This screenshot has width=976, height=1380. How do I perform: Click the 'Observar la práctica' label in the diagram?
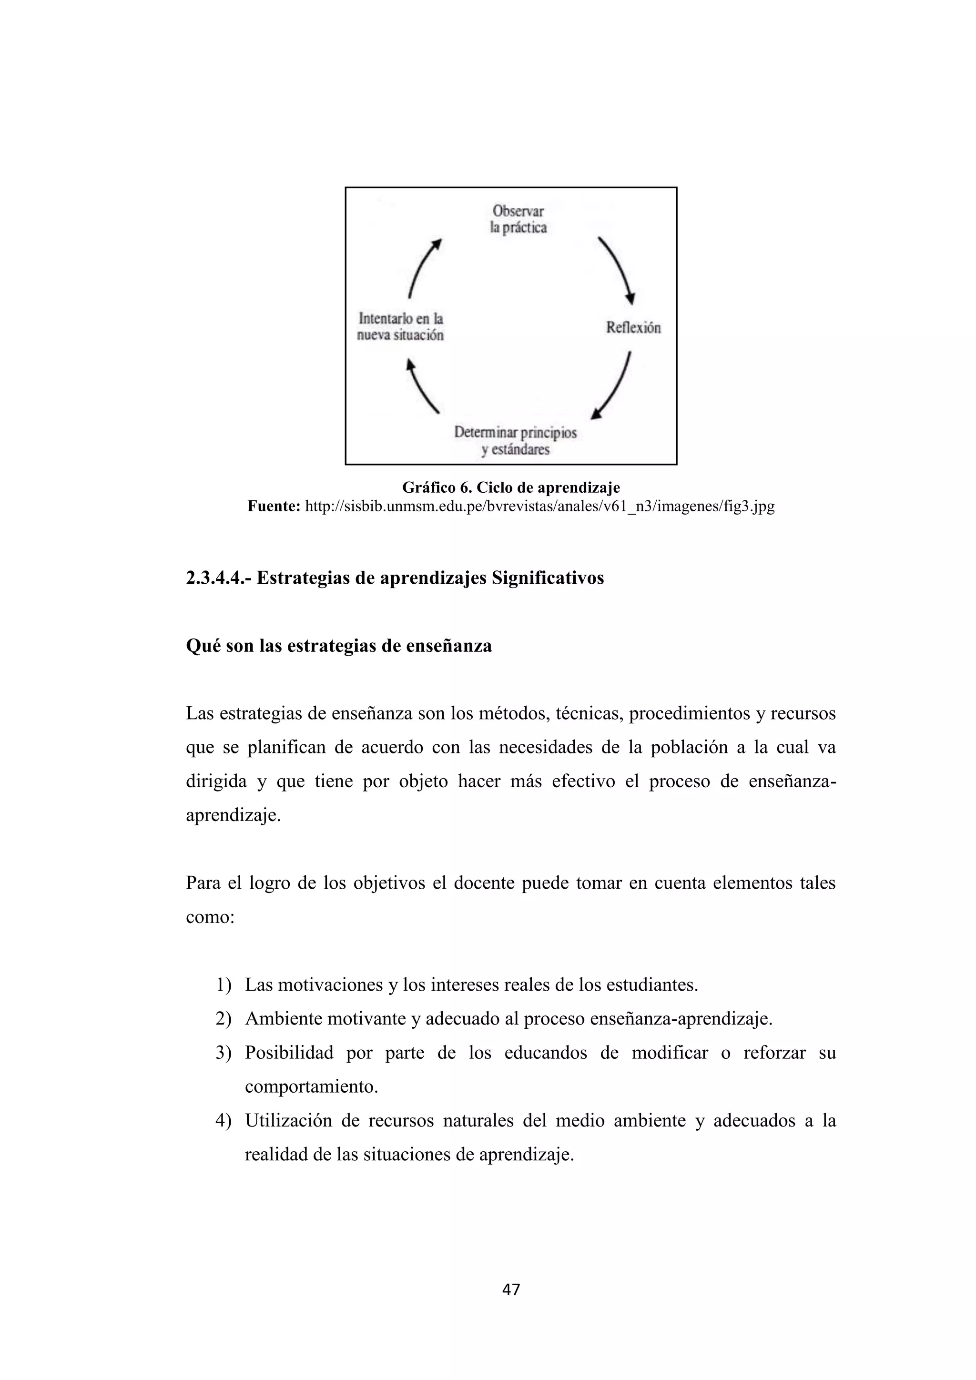pyautogui.click(x=518, y=219)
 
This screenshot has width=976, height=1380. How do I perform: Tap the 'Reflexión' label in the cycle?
pyautogui.click(x=633, y=327)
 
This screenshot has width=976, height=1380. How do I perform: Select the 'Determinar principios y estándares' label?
pyautogui.click(x=516, y=441)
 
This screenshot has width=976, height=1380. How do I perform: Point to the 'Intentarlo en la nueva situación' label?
pyautogui.click(x=400, y=326)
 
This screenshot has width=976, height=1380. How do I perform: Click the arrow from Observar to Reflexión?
pyautogui.click(x=618, y=270)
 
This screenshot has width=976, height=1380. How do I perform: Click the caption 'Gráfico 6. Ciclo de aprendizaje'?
pyautogui.click(x=511, y=487)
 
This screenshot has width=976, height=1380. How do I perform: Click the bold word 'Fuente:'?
pyautogui.click(x=274, y=506)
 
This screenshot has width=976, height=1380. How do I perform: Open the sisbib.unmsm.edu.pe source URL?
pyautogui.click(x=539, y=506)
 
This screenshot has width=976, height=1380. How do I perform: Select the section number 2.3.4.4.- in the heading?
pyautogui.click(x=219, y=578)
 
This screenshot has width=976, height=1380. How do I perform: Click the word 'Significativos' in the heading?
pyautogui.click(x=548, y=578)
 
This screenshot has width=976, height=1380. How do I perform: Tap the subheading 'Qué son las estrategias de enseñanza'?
pyautogui.click(x=339, y=646)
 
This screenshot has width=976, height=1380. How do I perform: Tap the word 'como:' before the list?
pyautogui.click(x=210, y=918)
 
